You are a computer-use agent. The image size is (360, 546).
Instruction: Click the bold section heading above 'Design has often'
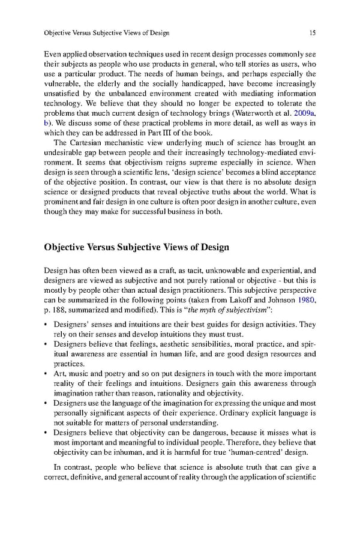[x=136, y=248]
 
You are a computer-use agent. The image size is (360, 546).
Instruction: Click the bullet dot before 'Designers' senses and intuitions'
[x=47, y=324]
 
